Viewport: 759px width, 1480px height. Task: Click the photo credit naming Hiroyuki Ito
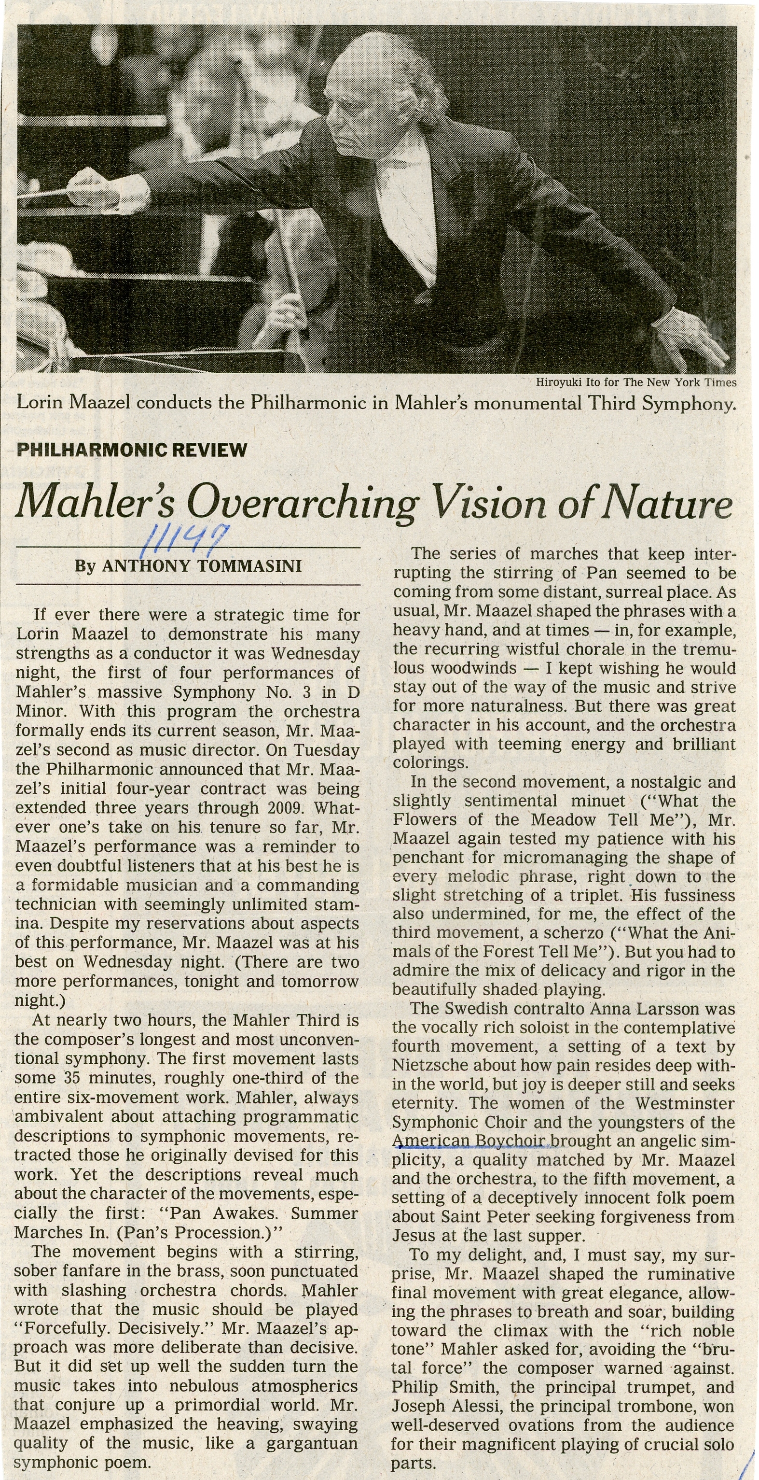pyautogui.click(x=636, y=382)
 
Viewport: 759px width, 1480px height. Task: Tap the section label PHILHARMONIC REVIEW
pyautogui.click(x=132, y=449)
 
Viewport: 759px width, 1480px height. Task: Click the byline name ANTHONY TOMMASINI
pyautogui.click(x=202, y=566)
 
